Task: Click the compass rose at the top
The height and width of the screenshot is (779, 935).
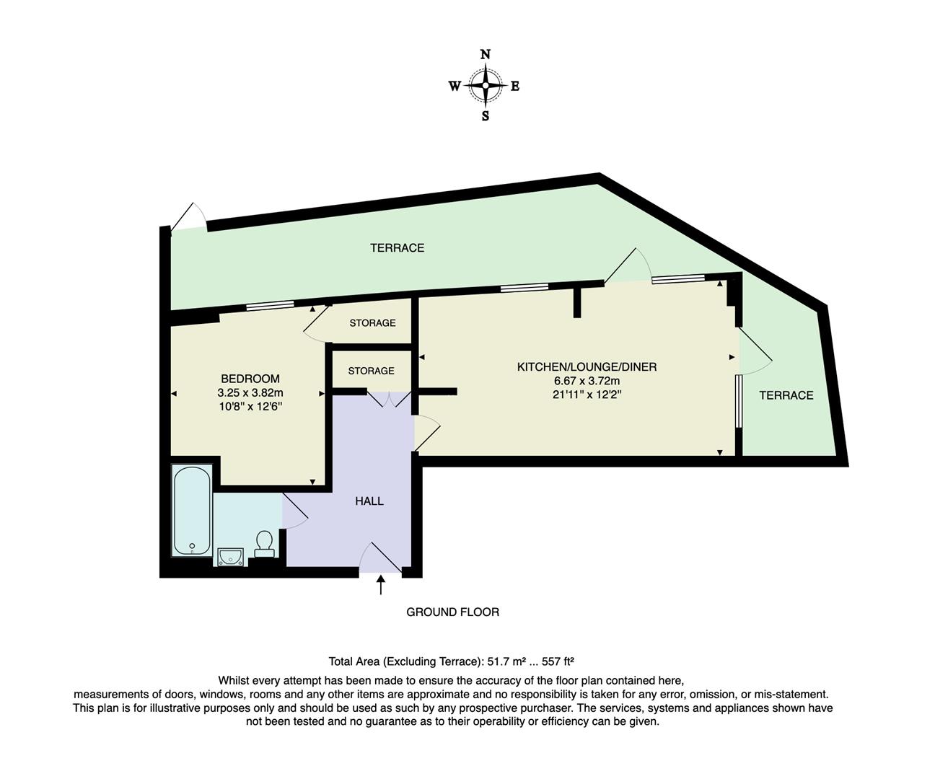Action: coord(486,86)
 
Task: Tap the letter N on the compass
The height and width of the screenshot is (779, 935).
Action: coord(486,55)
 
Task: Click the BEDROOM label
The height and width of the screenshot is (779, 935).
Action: coord(250,379)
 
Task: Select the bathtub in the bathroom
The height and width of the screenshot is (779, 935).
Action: coord(192,511)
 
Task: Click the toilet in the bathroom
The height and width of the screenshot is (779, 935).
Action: coord(264,544)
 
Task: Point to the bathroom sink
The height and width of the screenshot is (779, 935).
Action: coord(230,556)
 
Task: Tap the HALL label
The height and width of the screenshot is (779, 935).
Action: coord(369,501)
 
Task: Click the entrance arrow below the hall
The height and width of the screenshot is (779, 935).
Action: coord(380,584)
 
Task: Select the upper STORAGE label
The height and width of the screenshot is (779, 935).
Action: coord(372,323)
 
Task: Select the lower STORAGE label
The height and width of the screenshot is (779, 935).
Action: coord(371,371)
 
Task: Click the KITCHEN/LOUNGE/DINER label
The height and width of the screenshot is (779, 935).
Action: coord(587,366)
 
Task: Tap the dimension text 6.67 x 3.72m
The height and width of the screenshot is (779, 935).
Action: coord(587,381)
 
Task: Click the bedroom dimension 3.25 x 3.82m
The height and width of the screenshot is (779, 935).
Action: coord(250,393)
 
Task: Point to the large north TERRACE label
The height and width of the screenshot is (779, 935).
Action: coord(397,247)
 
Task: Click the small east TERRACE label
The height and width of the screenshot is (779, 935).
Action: coord(786,395)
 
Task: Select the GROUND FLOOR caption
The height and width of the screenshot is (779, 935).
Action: coord(452,612)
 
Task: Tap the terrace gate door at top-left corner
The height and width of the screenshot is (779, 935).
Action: coord(190,216)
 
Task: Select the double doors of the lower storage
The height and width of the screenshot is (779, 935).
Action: coord(389,399)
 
